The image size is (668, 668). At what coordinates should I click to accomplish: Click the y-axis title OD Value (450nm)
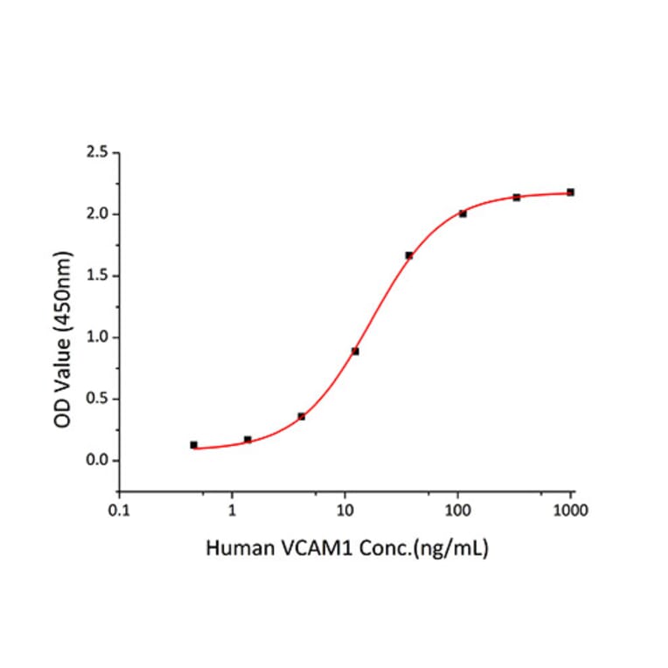pos(63,339)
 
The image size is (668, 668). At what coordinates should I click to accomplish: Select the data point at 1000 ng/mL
pos(570,192)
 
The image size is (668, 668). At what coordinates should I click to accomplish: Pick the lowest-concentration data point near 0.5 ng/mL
pos(193,445)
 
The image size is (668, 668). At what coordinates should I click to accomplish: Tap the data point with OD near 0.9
pos(355,351)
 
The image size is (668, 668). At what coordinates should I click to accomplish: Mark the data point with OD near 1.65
pos(408,255)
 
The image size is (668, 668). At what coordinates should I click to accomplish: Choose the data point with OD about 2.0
pos(463,213)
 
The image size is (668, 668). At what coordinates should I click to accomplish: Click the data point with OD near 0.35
pos(302,416)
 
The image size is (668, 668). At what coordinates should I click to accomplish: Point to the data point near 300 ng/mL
pos(517,198)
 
